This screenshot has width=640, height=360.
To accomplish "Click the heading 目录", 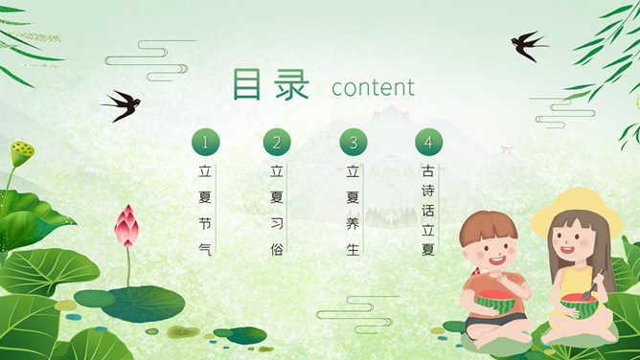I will point(271,85).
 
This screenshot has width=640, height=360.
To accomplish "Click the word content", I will point(373,88).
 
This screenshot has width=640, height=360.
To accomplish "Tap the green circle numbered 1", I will point(205,143).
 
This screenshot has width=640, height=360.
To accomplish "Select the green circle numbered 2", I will point(277,143).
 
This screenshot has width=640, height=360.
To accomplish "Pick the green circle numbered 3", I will point(354,143).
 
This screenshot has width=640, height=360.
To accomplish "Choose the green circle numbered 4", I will point(428,143).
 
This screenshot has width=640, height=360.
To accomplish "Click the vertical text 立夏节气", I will point(204,210).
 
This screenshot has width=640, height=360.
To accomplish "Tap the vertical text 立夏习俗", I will point(277,210).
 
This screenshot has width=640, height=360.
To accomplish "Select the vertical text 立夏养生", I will point(354,210).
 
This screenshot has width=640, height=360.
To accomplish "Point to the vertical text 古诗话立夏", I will point(428,211).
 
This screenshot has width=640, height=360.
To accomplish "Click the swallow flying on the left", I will point(121,103).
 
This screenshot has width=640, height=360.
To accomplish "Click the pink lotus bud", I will point(126,228).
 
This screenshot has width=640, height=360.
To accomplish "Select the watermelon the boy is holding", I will point(494,302).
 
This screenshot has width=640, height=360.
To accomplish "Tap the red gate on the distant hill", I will point(507,151).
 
